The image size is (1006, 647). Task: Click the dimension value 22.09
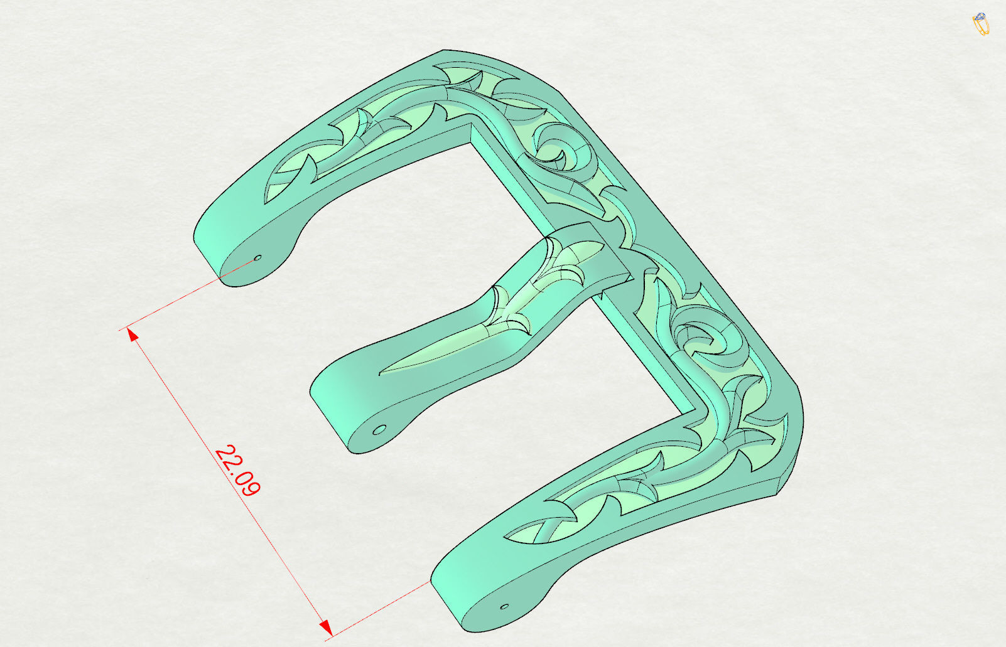(237, 471)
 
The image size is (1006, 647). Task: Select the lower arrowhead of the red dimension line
(326, 627)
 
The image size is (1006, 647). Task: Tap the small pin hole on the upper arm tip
(257, 257)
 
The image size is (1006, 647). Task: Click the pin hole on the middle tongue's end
(379, 430)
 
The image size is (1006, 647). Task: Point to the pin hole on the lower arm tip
(504, 607)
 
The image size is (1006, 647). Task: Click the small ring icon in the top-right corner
(980, 24)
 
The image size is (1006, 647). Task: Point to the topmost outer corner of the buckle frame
(444, 50)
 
